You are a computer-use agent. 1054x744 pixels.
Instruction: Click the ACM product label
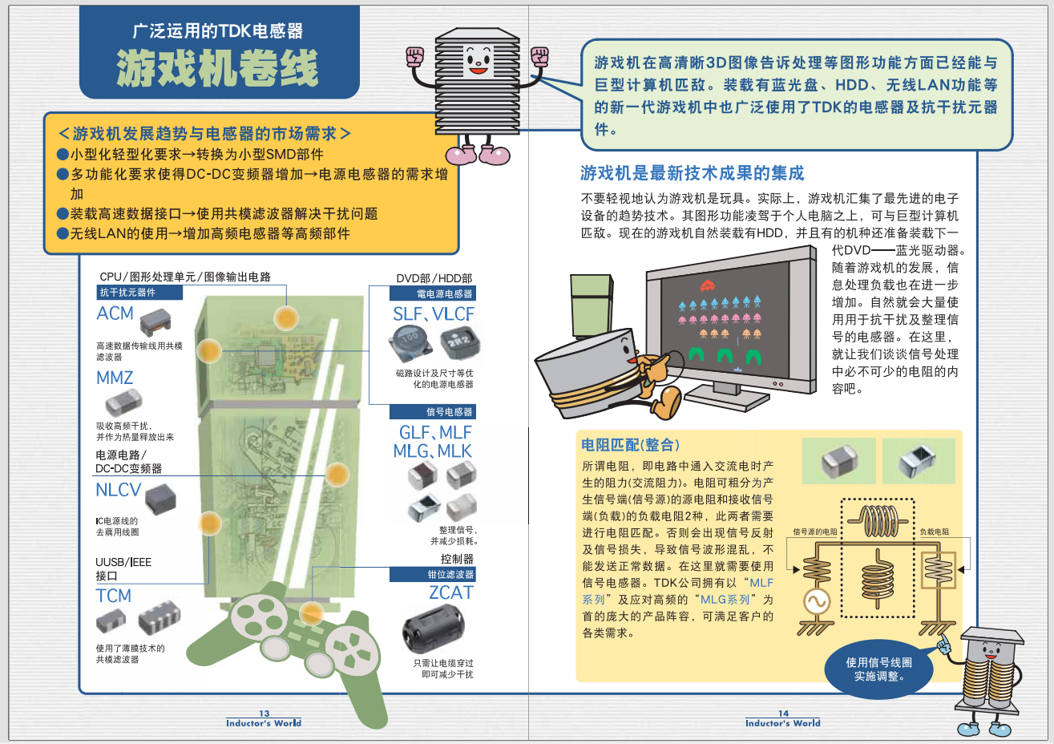tap(115, 313)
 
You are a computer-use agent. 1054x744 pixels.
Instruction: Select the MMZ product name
tap(115, 378)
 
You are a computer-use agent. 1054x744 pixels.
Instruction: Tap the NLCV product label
tap(118, 490)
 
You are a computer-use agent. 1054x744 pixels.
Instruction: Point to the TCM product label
tap(114, 596)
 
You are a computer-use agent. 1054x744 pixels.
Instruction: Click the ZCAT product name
tap(451, 592)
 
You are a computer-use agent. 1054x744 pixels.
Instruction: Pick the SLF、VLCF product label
tap(434, 314)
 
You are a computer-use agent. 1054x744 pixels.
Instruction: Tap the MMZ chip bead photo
tap(123, 401)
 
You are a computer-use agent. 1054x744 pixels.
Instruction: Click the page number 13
tap(265, 713)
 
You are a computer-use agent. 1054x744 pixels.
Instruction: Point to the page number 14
tap(783, 713)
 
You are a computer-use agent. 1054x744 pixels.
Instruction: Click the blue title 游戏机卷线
tap(218, 67)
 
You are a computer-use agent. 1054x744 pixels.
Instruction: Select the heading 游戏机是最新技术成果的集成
tap(692, 173)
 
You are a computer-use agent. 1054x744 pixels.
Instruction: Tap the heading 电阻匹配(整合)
tap(630, 445)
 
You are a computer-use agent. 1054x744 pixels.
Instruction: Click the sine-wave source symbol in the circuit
tap(817, 602)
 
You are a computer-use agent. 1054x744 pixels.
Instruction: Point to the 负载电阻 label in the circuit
tap(934, 532)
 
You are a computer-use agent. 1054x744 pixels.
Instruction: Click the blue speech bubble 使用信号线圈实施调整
tap(878, 669)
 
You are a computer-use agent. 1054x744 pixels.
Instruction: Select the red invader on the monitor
tap(708, 285)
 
